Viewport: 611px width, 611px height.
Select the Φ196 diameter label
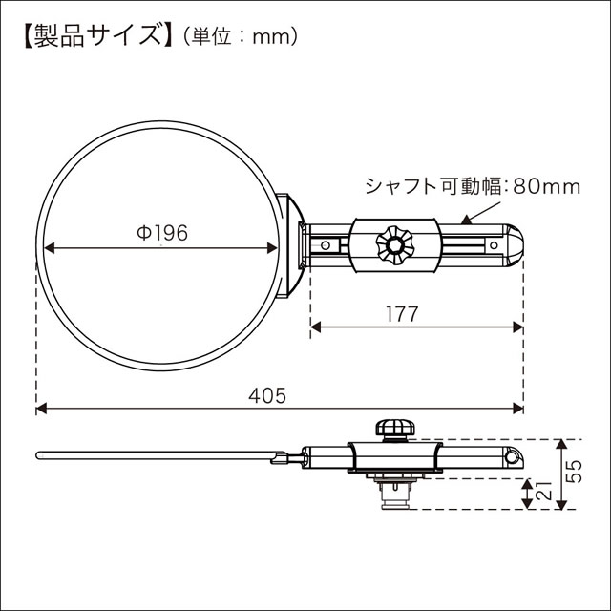(161, 232)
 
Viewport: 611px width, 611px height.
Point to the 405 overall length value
(273, 394)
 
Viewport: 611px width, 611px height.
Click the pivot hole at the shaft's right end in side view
(513, 459)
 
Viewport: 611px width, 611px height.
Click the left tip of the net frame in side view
(38, 453)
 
